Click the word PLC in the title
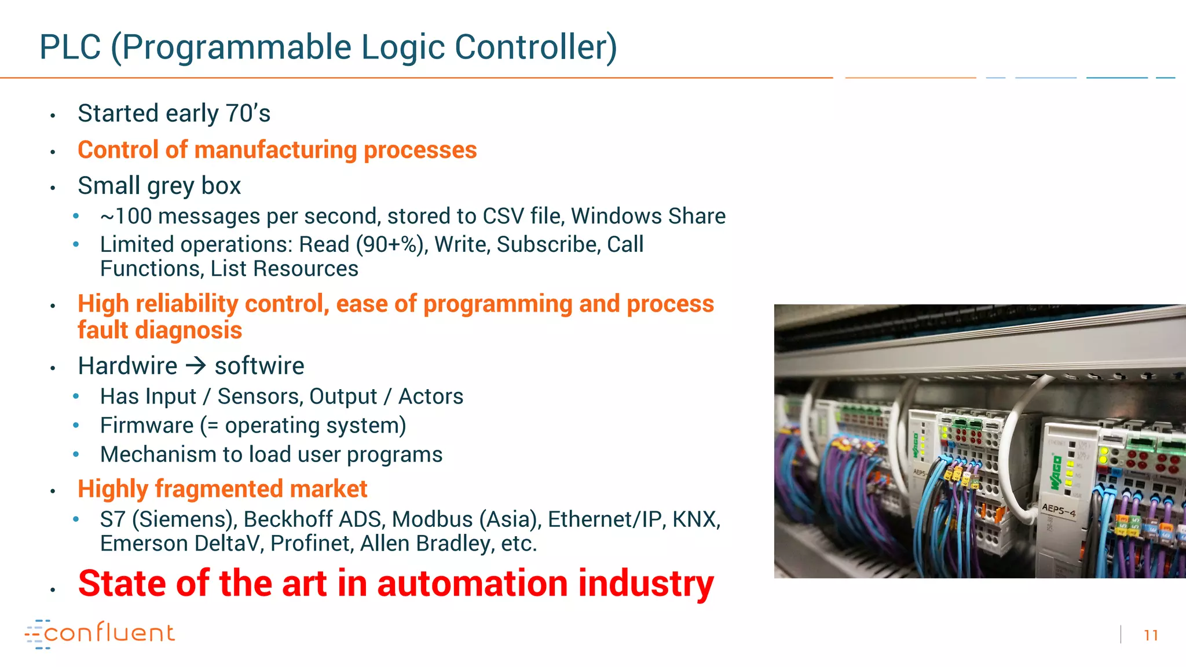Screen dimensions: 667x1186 [x=70, y=47]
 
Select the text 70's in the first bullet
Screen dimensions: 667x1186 [x=248, y=113]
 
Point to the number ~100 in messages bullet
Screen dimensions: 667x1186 [x=126, y=217]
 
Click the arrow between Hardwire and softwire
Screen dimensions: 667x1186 [x=196, y=366]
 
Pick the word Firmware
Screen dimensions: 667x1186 [x=147, y=426]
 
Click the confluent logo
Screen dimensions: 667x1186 [x=100, y=633]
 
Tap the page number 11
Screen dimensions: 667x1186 [x=1151, y=635]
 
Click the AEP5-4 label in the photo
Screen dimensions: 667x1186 [x=1059, y=510]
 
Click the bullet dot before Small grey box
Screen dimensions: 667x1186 [x=53, y=188]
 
